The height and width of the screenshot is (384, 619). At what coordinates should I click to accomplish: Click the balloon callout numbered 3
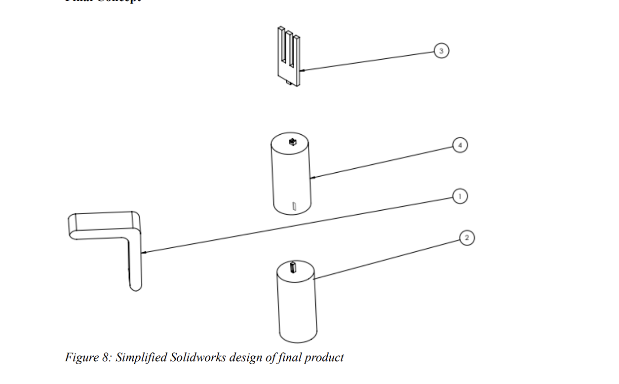pos(441,50)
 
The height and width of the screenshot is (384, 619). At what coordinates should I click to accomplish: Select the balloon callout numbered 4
pos(460,145)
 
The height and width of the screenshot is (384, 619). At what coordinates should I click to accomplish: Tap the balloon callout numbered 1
pos(460,196)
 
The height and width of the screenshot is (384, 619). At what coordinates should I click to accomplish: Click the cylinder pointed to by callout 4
pos(291,178)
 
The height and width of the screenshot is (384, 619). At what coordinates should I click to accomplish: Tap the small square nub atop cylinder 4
pos(292,142)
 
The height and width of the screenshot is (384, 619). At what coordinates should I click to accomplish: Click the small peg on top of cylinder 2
pos(293,268)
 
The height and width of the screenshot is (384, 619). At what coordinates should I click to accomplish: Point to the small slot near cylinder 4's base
pos(294,206)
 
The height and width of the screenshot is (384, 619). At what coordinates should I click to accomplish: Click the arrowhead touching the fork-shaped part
pos(303,70)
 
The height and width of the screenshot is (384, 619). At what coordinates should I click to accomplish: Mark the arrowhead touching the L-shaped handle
pos(144,253)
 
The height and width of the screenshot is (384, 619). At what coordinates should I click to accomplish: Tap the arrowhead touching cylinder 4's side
pos(313,177)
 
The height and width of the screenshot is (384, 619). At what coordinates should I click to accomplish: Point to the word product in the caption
pos(324,357)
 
